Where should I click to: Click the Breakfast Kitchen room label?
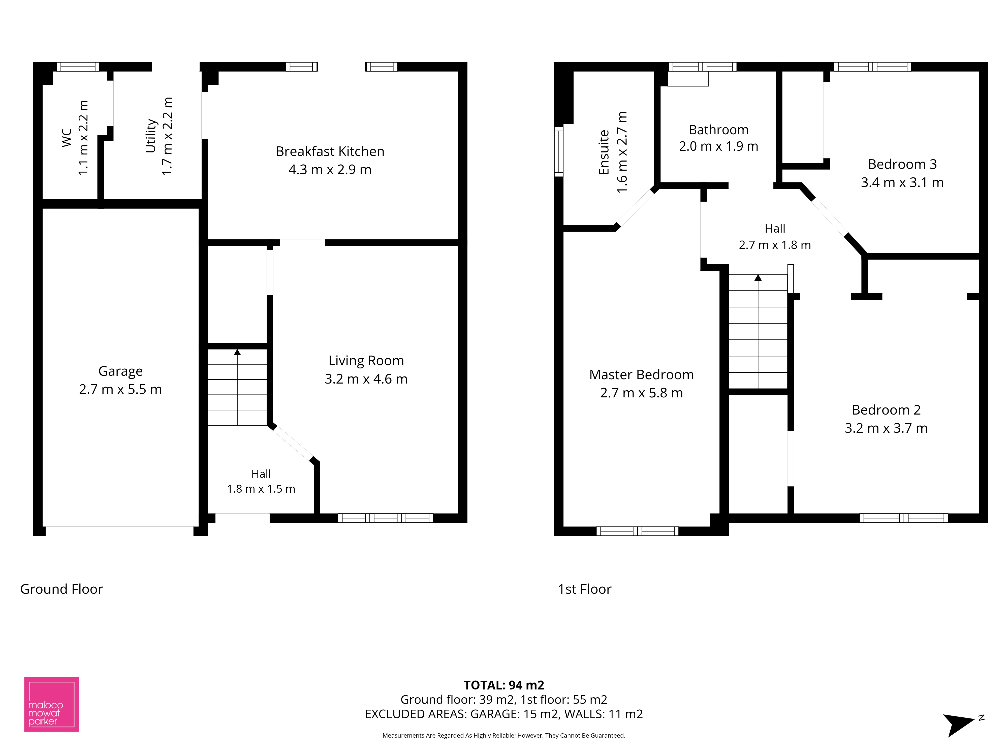click(x=330, y=151)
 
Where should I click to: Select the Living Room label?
click(x=366, y=360)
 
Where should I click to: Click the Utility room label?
click(x=151, y=136)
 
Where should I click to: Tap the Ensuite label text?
click(x=604, y=152)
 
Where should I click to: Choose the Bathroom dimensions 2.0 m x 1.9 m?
click(x=719, y=146)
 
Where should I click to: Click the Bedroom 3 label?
click(x=902, y=164)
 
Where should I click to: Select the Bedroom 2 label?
click(x=886, y=410)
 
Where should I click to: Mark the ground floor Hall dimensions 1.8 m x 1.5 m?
click(x=261, y=489)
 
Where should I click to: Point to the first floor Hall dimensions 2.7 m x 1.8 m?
click(x=775, y=245)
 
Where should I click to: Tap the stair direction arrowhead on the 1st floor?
click(x=758, y=277)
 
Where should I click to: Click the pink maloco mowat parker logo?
click(x=51, y=704)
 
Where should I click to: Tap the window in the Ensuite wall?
click(x=559, y=151)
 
